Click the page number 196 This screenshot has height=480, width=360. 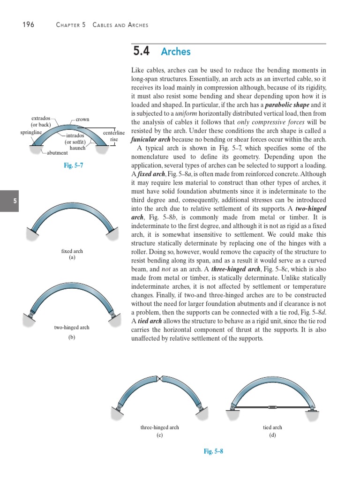point(28,24)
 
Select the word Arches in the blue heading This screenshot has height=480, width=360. point(176,52)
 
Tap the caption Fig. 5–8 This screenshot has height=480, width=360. point(213,451)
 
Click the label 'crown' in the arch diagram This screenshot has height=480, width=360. point(82,120)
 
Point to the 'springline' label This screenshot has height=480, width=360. point(31,133)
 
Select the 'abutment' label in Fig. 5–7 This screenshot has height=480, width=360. point(57,153)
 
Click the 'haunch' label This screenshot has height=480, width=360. point(77,148)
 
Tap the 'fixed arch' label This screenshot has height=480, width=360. point(72,251)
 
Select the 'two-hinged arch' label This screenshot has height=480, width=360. point(72,327)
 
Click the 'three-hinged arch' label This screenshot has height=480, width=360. point(159,427)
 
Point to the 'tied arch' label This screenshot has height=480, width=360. point(272,427)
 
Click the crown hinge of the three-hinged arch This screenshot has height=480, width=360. point(160,379)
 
